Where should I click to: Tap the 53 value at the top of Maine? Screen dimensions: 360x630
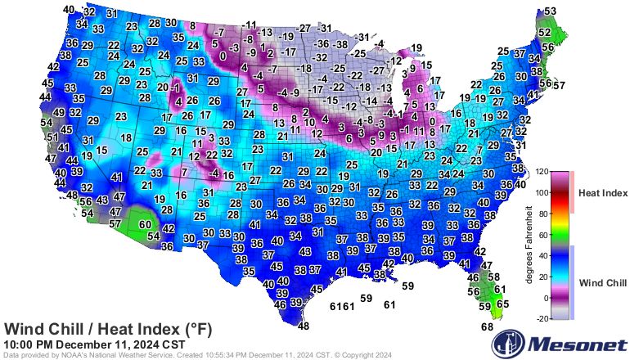click(550, 11)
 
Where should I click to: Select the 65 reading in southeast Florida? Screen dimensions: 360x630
click(502, 304)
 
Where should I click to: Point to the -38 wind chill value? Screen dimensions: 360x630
click(340, 43)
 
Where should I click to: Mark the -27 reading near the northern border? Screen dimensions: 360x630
click(304, 28)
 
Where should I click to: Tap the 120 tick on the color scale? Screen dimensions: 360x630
click(542, 173)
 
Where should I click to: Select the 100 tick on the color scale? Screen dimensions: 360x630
click(542, 193)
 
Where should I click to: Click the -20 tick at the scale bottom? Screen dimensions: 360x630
click(540, 319)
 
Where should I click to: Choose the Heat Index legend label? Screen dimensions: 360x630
click(602, 193)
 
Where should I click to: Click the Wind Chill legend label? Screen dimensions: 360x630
click(602, 283)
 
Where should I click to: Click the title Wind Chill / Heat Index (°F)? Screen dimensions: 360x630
click(108, 329)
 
